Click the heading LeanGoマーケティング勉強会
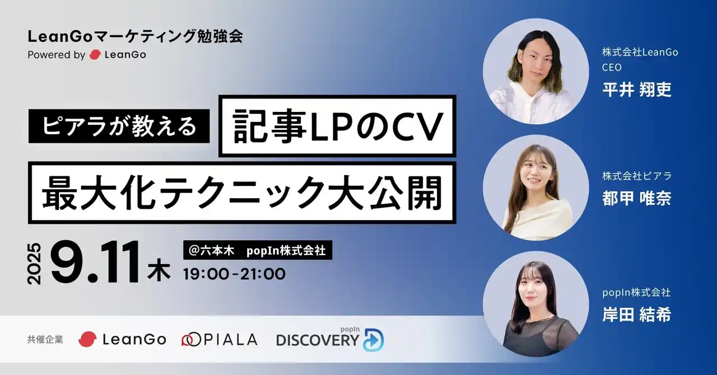(135, 37)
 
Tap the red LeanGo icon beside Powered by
(95, 55)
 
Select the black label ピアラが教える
(119, 126)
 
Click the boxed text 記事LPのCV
(337, 126)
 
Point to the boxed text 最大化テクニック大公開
(242, 193)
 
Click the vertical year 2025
(35, 263)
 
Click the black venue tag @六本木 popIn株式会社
(258, 251)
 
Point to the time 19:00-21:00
(235, 274)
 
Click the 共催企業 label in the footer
(45, 339)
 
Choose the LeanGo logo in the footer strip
(123, 339)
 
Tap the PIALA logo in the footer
(220, 339)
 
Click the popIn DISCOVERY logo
(330, 339)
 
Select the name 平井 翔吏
(636, 90)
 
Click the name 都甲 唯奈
(636, 199)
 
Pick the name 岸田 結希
(636, 315)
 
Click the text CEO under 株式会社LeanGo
(612, 68)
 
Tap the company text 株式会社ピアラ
(637, 176)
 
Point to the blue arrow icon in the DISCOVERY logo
(373, 340)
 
